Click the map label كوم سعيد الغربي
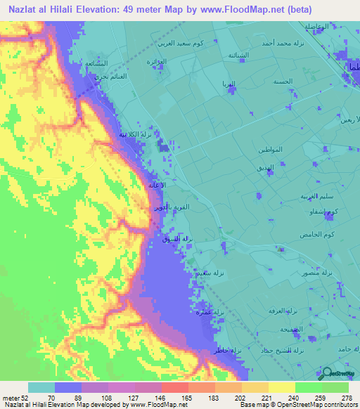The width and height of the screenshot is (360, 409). coord(214,44)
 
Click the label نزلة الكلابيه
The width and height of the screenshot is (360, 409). coord(131,134)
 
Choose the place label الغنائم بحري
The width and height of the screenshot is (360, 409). coord(92,74)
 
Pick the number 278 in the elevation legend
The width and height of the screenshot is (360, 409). coord(347,398)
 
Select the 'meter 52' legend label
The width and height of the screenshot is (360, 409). coord(14,398)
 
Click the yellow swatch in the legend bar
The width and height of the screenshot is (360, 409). coord(281,387)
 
